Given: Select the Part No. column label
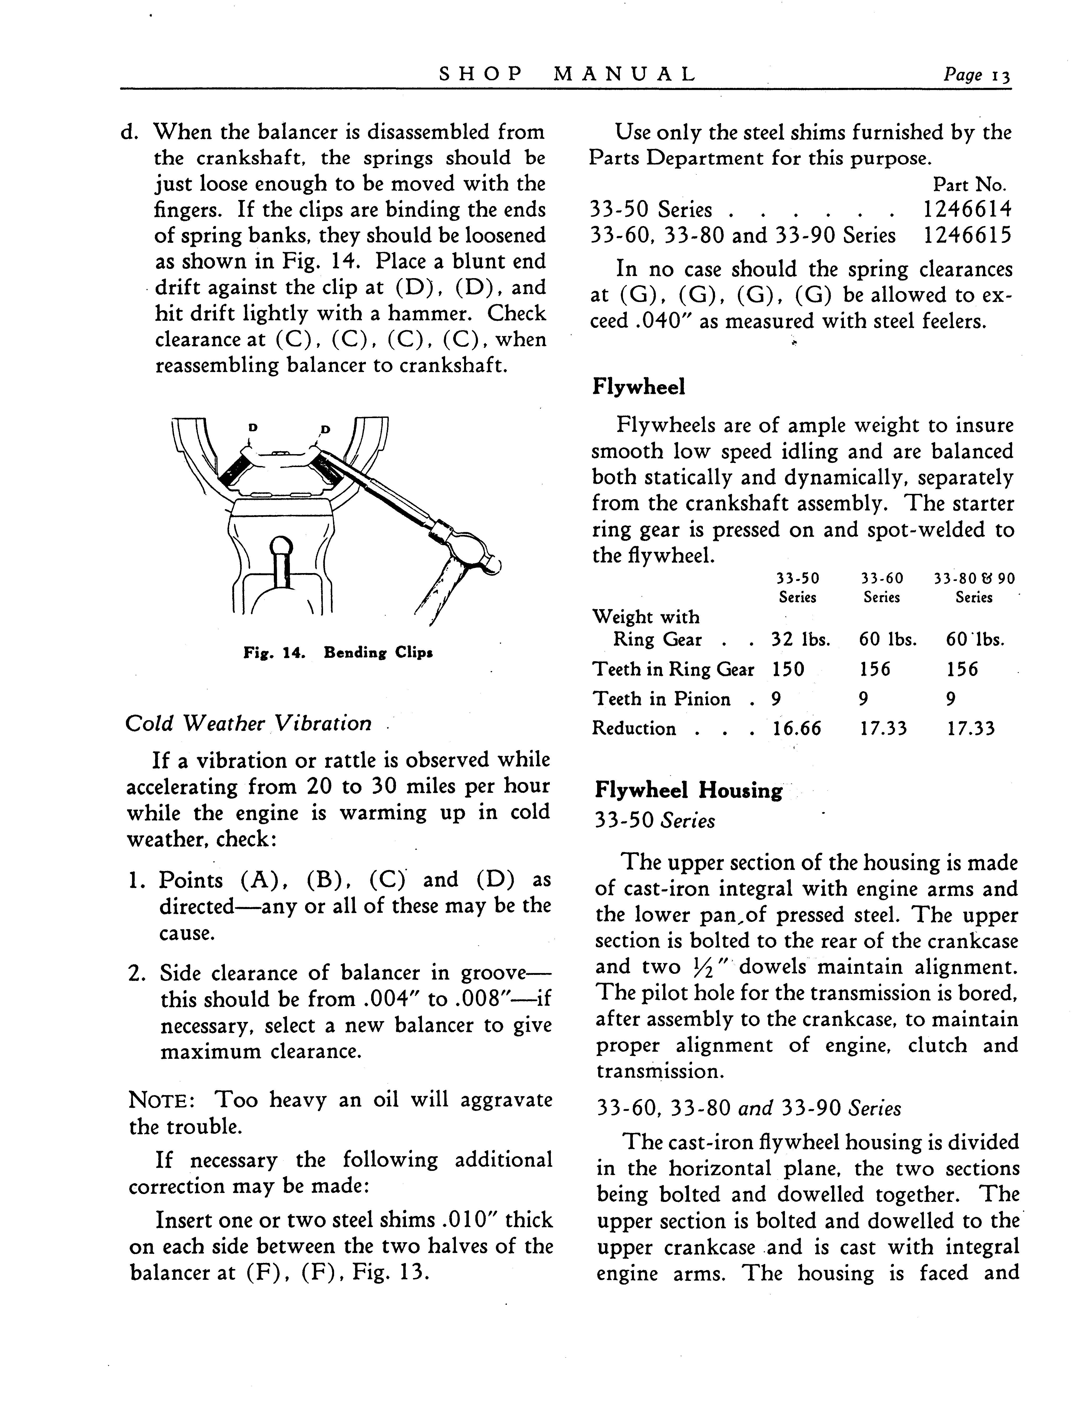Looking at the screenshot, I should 969,185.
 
